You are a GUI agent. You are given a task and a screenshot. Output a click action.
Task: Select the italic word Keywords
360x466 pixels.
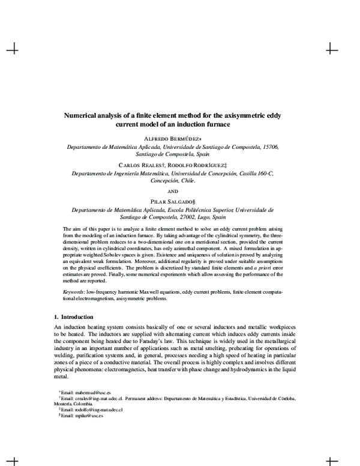[x=74, y=291]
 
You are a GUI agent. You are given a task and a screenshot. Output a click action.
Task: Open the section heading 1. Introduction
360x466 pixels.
[x=70, y=316]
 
